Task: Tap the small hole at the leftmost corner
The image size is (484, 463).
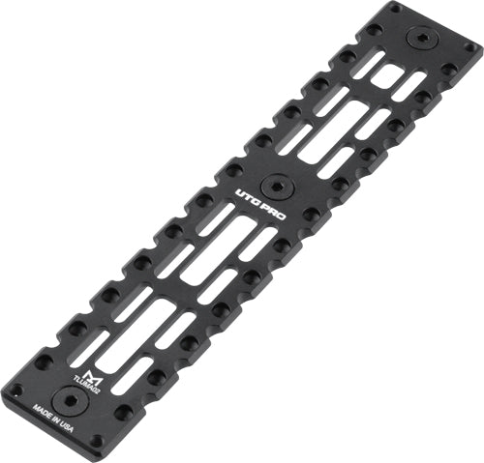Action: click(x=15, y=391)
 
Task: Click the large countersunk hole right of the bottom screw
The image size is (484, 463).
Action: click(x=122, y=413)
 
